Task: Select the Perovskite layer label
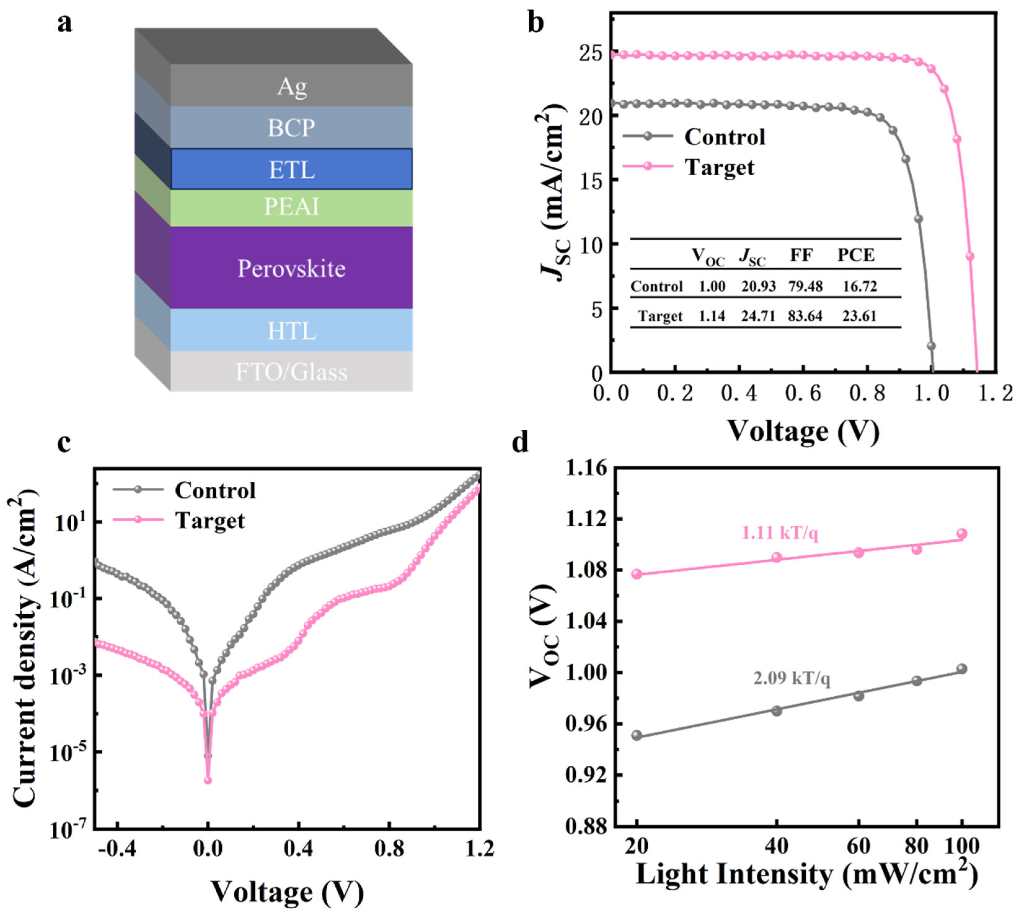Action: (292, 268)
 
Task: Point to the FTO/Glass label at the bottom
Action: (292, 372)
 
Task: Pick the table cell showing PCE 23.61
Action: (859, 316)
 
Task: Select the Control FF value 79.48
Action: (805, 286)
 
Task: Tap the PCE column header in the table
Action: (856, 255)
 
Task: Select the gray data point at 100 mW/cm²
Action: (962, 669)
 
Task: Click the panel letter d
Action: (520, 442)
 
